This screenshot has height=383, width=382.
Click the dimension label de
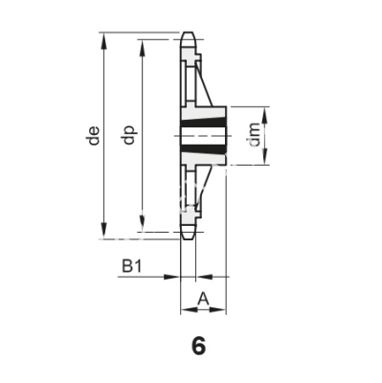pos(94,136)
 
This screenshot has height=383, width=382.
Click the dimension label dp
pos(129,135)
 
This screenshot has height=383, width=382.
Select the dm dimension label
pos(255,135)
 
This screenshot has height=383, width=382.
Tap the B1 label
pos(131,266)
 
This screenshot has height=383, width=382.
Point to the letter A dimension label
pos(203,299)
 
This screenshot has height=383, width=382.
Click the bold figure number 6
pos(198,346)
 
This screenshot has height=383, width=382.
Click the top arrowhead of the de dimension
pos(103,41)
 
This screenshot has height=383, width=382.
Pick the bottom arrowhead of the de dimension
pos(103,230)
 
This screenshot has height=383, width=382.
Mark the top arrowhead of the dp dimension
pos(143,48)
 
